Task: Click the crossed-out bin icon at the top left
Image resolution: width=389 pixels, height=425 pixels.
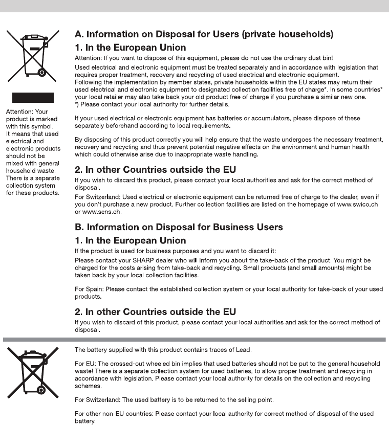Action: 29,54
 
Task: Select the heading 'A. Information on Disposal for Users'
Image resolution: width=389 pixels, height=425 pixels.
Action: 204,35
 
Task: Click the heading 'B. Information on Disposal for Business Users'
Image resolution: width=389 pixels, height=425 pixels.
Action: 178,227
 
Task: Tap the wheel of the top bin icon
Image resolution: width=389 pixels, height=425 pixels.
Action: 42,72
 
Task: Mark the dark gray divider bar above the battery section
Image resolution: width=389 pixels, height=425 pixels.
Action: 194,339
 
